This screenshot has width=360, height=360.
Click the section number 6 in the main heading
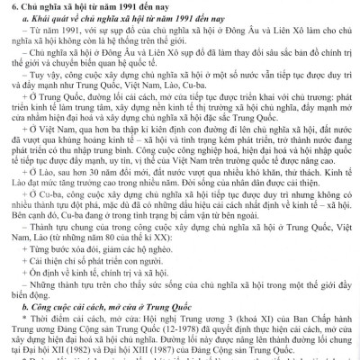(x=5, y=7)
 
